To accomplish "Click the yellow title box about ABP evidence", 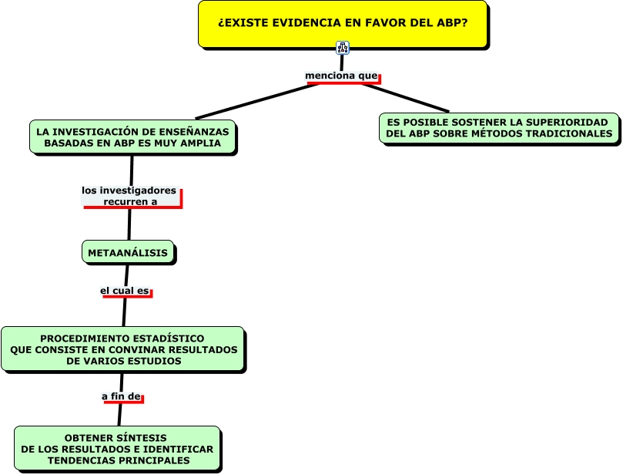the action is click(343, 24).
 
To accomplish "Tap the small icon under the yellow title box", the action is click(343, 48).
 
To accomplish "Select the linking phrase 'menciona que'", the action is click(342, 76).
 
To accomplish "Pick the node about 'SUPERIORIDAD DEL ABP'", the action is click(500, 128).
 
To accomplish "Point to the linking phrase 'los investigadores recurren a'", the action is click(129, 196).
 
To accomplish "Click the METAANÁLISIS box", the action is click(128, 252).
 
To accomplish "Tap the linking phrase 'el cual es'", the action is click(125, 291).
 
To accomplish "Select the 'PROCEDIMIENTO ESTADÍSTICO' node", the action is click(122, 349).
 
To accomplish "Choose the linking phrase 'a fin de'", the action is click(122, 396).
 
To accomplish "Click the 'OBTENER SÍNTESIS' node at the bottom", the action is click(117, 449).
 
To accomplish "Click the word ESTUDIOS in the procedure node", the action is click(157, 360).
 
